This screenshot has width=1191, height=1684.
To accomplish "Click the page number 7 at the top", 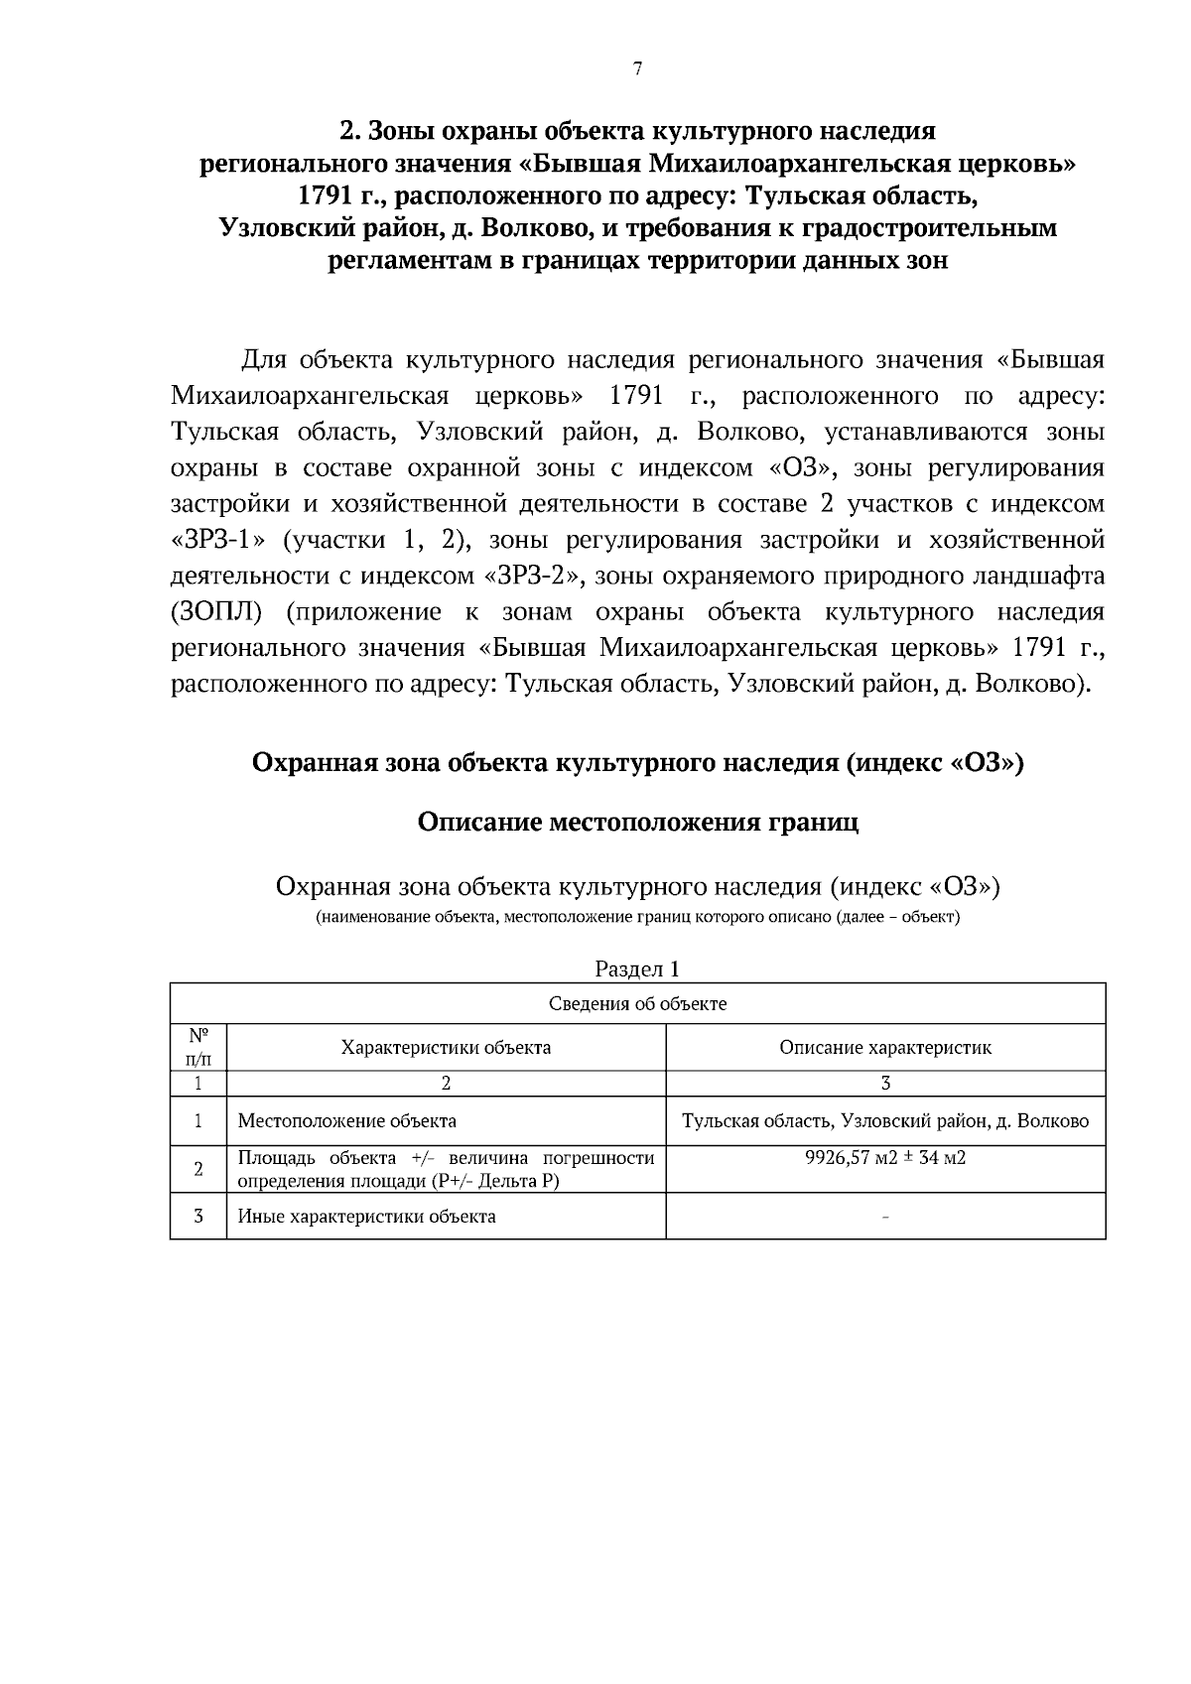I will (x=637, y=68).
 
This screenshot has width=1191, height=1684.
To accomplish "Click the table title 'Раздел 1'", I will (x=637, y=969).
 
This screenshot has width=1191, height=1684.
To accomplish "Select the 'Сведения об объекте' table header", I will (x=637, y=1003).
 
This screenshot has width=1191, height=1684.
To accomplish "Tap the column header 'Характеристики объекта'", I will (x=446, y=1047).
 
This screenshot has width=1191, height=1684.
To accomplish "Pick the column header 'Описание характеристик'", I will (x=884, y=1047).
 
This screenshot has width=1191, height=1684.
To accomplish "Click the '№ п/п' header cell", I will (x=198, y=1047).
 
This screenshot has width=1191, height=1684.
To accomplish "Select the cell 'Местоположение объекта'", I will (x=347, y=1121).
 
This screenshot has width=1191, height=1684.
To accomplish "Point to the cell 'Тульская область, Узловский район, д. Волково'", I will (x=884, y=1121).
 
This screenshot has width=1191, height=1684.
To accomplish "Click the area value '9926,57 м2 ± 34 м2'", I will (x=884, y=1158).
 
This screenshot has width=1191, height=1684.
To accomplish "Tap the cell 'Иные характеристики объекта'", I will (x=366, y=1216).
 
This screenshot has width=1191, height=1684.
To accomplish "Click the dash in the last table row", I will (x=884, y=1217).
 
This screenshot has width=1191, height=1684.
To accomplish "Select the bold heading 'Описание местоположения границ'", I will (x=637, y=823).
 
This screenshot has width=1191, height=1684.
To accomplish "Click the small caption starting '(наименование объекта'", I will (x=637, y=917).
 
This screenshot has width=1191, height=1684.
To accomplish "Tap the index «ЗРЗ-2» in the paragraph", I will (x=535, y=577).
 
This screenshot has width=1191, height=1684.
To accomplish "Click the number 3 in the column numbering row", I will (x=884, y=1084).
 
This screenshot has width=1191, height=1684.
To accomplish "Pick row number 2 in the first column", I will (x=198, y=1169).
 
